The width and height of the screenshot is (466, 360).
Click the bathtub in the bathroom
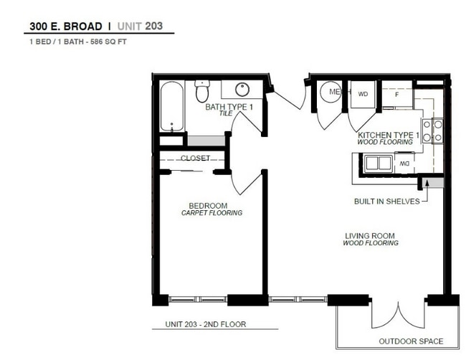171,106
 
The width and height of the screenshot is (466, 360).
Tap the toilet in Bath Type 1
202,90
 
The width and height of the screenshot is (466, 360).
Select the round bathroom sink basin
242,89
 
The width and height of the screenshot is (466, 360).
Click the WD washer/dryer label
363,94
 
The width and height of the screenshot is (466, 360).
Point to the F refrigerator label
396,95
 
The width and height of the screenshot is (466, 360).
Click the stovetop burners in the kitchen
433,131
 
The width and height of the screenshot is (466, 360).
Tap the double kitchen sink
378,164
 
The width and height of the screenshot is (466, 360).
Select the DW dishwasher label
405,164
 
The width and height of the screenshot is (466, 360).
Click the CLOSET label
195,158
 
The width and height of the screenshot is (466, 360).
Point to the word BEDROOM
208,206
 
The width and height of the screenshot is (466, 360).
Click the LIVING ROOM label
370,236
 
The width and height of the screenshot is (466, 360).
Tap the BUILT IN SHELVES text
387,202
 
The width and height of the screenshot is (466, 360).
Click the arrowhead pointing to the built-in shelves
427,183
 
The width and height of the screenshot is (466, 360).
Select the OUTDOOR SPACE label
411,341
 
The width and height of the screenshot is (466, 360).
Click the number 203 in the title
154,26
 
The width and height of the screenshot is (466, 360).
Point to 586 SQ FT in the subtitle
108,42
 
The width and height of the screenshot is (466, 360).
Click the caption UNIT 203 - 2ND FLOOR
206,324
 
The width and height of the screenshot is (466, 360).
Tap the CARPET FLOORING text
211,213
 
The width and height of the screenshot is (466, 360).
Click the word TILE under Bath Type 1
226,113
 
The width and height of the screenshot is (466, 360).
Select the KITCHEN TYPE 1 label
388,136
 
